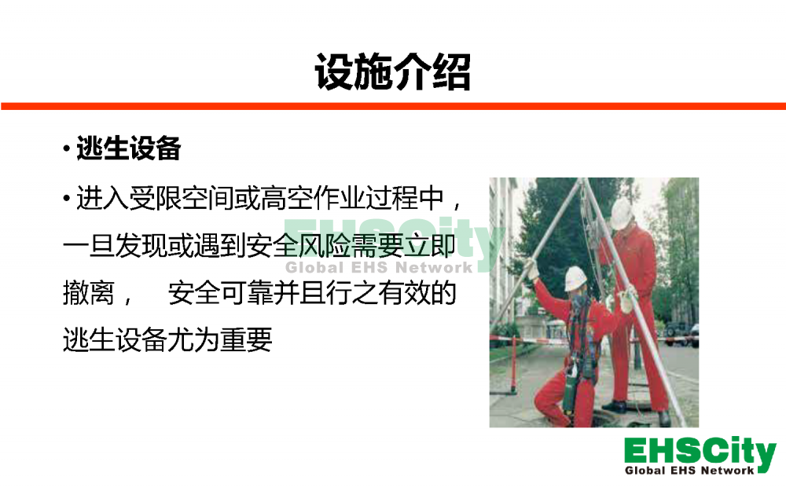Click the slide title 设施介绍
(x=392, y=72)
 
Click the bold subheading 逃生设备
(x=128, y=148)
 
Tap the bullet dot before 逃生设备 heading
(x=67, y=148)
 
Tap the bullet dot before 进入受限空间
(x=67, y=199)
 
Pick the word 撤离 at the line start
(x=89, y=293)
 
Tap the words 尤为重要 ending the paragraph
(x=220, y=340)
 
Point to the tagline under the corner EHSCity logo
(x=689, y=471)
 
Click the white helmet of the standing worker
(x=622, y=214)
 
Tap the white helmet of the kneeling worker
(x=575, y=278)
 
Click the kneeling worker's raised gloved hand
(x=532, y=269)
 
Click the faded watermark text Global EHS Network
(x=379, y=267)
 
